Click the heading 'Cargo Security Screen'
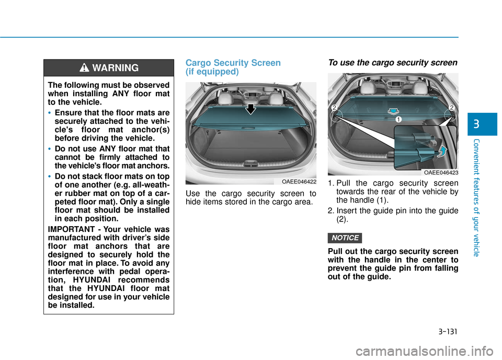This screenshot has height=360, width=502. tap(233, 63)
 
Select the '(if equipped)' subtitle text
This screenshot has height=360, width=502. tap(212, 72)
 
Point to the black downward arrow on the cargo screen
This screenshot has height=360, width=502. tap(252, 109)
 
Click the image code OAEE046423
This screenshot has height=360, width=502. tap(441, 172)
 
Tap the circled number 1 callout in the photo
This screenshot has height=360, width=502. tap(398, 120)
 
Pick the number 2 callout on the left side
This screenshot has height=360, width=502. tap(333, 108)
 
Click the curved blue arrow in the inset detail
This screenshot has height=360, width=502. tap(442, 152)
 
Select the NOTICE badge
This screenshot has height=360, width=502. tap(345, 238)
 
